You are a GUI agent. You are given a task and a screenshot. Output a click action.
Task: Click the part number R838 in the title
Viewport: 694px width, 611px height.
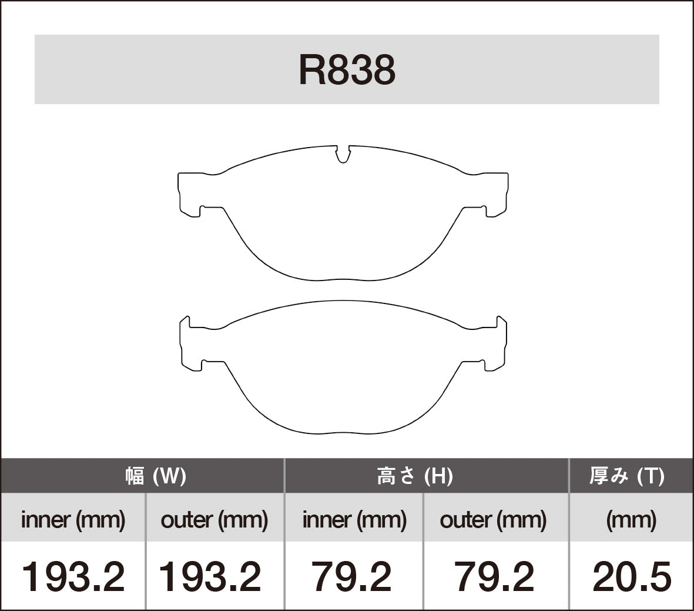pyautogui.click(x=347, y=70)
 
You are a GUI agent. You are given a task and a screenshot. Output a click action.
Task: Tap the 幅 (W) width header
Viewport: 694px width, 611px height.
pyautogui.click(x=156, y=476)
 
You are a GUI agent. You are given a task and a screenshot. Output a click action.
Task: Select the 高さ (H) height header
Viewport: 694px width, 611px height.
pyautogui.click(x=414, y=476)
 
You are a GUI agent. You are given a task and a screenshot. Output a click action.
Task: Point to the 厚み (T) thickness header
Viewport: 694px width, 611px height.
pyautogui.click(x=626, y=476)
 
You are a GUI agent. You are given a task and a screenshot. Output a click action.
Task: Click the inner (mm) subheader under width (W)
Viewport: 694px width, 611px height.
pyautogui.click(x=73, y=519)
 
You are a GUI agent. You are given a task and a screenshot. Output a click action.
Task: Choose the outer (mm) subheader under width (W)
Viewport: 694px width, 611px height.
pyautogui.click(x=214, y=519)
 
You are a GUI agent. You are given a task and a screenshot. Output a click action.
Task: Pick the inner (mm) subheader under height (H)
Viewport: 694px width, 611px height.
pyautogui.click(x=354, y=519)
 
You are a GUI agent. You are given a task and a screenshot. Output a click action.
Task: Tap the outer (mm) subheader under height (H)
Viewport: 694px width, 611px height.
pyautogui.click(x=493, y=519)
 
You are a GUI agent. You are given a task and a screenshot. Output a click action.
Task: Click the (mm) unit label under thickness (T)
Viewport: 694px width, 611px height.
pyautogui.click(x=631, y=519)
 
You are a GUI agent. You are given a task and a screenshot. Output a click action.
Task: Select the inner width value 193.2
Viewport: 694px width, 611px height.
pyautogui.click(x=73, y=576)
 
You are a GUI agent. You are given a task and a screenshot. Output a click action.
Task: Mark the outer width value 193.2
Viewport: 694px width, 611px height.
pyautogui.click(x=210, y=576)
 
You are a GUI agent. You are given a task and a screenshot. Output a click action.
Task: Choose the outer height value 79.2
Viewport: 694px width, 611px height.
pyautogui.click(x=494, y=576)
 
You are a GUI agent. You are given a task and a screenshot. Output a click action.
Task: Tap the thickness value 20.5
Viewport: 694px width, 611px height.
pyautogui.click(x=631, y=576)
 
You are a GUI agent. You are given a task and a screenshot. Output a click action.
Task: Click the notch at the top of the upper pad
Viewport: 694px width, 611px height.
pyautogui.click(x=343, y=154)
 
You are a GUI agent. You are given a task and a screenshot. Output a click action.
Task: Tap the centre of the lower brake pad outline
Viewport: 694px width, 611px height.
pyautogui.click(x=343, y=370)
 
